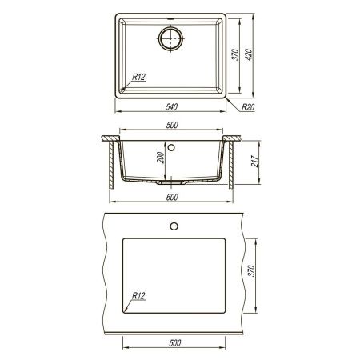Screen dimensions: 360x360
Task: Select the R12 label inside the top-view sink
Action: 138,78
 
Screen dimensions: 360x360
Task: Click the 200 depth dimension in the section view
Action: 161,158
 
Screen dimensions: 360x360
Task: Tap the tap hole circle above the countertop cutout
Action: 173,226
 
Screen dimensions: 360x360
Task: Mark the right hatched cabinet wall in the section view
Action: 233,164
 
